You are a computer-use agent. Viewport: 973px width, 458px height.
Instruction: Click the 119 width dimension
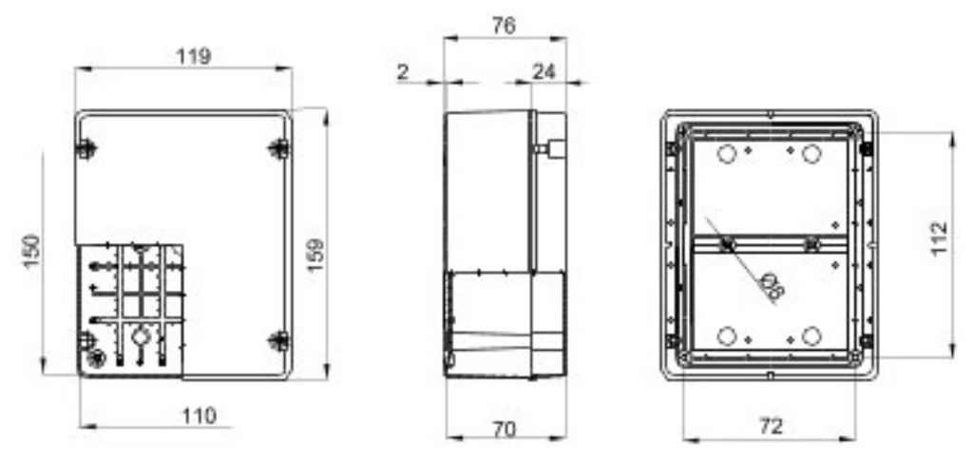click(194, 56)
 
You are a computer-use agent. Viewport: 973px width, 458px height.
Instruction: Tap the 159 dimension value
click(316, 256)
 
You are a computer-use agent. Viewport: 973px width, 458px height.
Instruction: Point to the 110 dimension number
click(200, 415)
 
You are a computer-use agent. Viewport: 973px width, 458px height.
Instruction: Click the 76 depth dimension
click(504, 27)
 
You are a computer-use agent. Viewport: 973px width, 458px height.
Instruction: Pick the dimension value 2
click(403, 71)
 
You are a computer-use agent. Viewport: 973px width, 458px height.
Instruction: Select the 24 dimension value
click(544, 71)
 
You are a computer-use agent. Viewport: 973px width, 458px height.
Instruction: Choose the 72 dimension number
click(771, 428)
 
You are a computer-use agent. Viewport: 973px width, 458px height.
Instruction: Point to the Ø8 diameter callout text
click(773, 283)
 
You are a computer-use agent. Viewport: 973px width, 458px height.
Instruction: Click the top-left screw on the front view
click(86, 148)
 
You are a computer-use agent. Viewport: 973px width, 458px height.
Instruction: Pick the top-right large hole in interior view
click(811, 154)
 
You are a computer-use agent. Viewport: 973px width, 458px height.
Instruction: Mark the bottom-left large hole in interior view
click(727, 335)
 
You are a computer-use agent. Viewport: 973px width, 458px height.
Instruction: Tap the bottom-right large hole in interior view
click(811, 335)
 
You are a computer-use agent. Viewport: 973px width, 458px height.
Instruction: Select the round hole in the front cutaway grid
click(140, 335)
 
